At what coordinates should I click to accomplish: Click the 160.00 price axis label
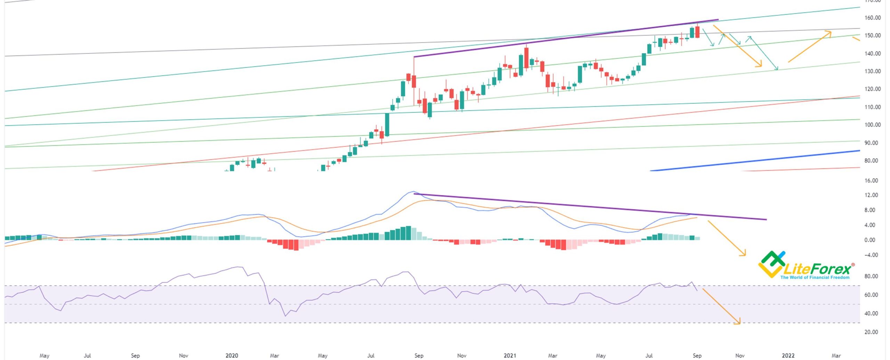872,18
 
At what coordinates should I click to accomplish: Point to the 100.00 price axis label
872,125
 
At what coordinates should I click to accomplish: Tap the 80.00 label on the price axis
872,161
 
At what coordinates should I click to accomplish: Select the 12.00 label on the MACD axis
872,195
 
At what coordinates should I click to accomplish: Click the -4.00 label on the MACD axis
872,255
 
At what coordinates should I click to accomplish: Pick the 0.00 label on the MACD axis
872,240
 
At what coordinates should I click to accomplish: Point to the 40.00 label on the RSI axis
872,313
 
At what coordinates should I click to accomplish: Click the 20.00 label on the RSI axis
872,332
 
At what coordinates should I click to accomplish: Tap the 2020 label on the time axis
232,355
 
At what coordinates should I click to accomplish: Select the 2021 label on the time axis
510,355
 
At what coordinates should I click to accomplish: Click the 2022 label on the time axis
788,355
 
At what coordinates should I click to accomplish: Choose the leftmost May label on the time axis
44,355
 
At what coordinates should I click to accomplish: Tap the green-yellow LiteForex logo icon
771,264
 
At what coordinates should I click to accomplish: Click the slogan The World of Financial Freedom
815,277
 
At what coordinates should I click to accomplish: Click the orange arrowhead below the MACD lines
743,254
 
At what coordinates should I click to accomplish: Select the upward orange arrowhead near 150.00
828,33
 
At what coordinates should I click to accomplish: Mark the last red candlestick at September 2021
697,32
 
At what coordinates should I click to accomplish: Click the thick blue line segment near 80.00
754,161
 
